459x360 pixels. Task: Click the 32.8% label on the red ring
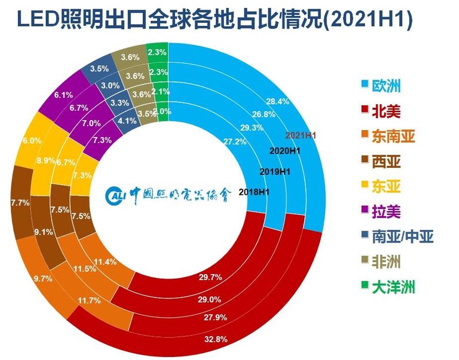[x=216, y=339]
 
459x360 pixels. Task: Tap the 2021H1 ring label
[x=301, y=136]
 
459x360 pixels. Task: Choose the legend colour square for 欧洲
[x=363, y=86]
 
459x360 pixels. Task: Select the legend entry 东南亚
[x=392, y=136]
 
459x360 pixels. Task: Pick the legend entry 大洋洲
[x=392, y=287]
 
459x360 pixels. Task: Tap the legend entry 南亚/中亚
[x=398, y=236]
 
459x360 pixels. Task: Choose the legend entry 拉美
[x=384, y=212]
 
